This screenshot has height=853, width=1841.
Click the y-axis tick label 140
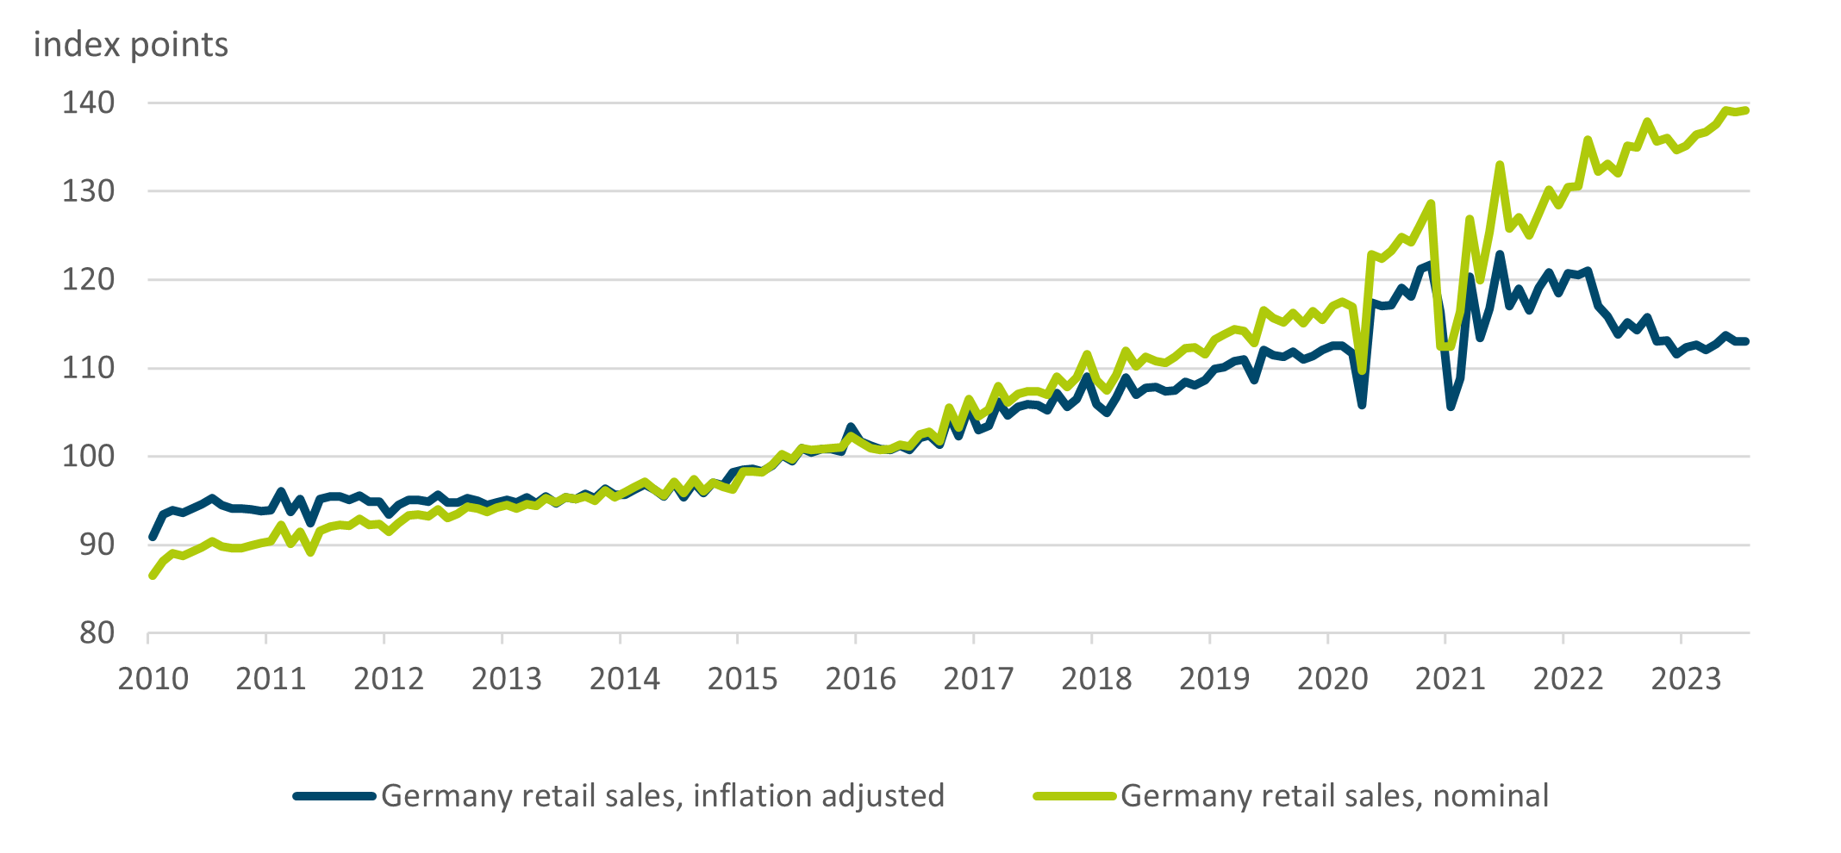(x=88, y=103)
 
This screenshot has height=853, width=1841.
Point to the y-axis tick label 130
(x=88, y=191)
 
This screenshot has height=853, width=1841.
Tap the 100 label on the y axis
(x=88, y=457)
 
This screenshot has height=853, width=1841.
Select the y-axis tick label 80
(x=97, y=633)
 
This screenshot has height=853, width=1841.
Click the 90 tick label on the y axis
(x=97, y=545)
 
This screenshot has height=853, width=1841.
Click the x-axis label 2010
(x=153, y=680)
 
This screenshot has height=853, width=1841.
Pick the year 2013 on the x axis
(x=507, y=680)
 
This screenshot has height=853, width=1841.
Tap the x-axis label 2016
(x=860, y=680)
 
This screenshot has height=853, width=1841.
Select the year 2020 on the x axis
(x=1332, y=680)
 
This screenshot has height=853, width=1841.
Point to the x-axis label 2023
(x=1686, y=680)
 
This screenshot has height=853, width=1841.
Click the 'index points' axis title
(x=131, y=45)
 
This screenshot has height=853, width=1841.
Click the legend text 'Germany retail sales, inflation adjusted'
(x=663, y=796)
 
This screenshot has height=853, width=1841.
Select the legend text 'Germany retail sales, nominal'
(x=1334, y=796)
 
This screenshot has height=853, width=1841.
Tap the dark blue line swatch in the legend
(x=334, y=796)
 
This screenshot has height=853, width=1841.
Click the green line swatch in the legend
(x=1075, y=796)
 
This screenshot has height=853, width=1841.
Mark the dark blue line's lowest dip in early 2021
(x=1451, y=407)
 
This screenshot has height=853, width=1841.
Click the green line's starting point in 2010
(x=153, y=576)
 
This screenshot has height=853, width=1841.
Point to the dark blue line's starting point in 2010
(x=153, y=537)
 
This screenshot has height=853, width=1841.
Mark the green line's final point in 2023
(x=1745, y=110)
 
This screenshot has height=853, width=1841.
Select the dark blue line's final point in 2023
(x=1745, y=341)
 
